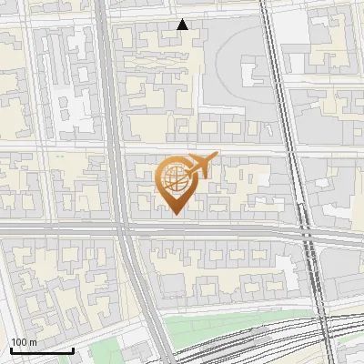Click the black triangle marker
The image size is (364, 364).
click(x=183, y=25)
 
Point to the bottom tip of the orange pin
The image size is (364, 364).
click(x=174, y=214)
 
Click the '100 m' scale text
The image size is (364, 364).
click(x=24, y=342)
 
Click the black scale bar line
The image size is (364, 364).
click(x=42, y=350)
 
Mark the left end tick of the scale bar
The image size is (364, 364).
click(x=11, y=349)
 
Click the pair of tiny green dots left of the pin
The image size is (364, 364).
click(x=58, y=157)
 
